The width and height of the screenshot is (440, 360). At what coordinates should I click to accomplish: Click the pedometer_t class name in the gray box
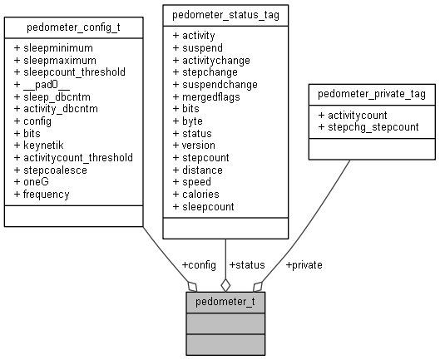point(225,301)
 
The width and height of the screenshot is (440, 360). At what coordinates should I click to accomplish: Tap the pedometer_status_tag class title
point(225,15)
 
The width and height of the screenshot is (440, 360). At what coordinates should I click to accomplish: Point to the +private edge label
point(304,265)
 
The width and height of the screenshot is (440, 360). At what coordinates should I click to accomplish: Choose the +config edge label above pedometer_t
point(198,265)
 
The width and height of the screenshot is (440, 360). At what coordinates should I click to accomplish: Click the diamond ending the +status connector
point(225,284)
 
